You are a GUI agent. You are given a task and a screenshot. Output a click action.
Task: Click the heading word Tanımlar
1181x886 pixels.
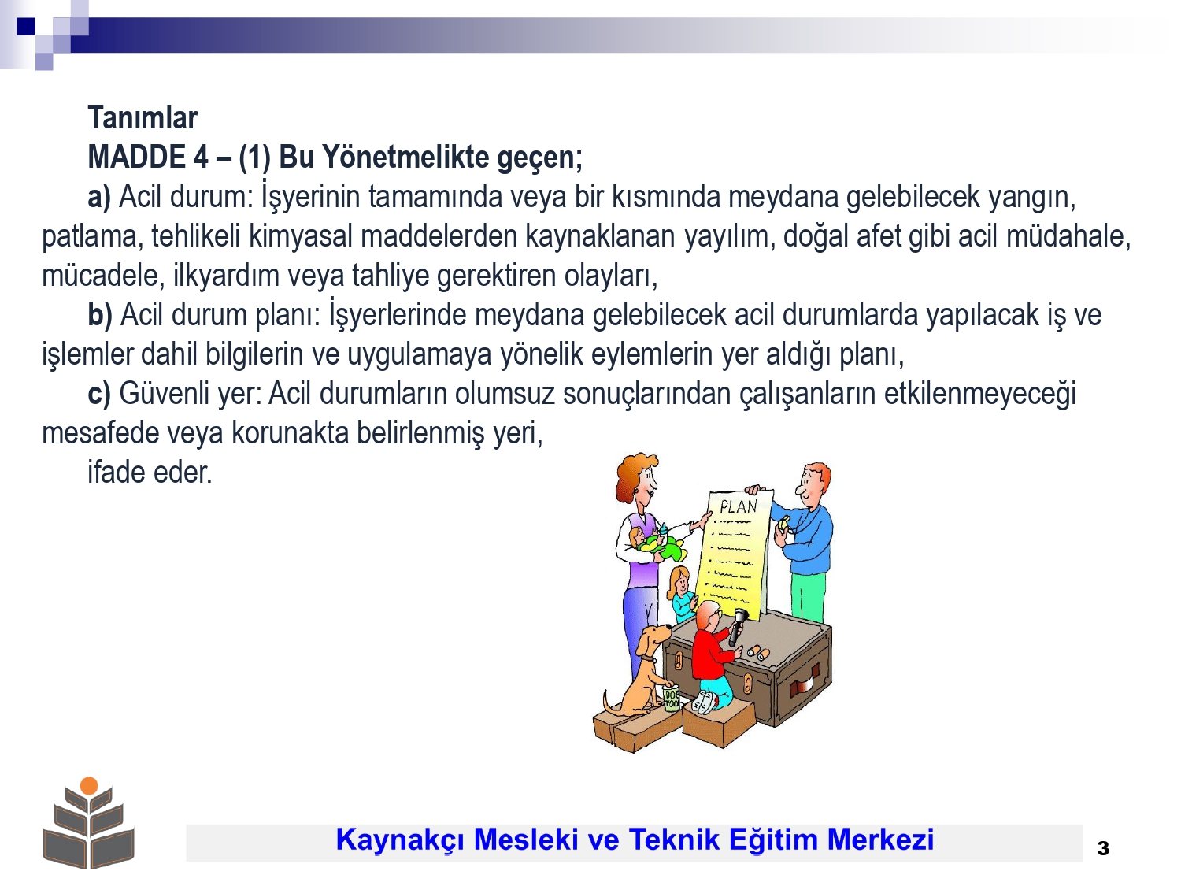143,117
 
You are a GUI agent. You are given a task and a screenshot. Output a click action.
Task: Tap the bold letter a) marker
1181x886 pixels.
99,196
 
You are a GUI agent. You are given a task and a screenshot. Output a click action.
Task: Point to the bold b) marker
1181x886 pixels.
100,315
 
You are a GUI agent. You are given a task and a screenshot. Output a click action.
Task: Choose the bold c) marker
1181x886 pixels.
99,393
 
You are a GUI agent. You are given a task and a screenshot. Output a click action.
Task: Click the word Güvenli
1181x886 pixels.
164,393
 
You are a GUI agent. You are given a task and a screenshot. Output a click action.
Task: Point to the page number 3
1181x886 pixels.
1102,848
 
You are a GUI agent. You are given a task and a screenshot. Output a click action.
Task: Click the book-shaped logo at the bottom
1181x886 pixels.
89,824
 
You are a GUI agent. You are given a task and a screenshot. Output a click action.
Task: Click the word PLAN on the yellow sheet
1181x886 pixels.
739,506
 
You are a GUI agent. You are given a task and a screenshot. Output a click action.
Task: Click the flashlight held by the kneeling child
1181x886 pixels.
737,627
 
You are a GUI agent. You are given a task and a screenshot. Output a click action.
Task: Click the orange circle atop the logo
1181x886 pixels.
89,785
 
